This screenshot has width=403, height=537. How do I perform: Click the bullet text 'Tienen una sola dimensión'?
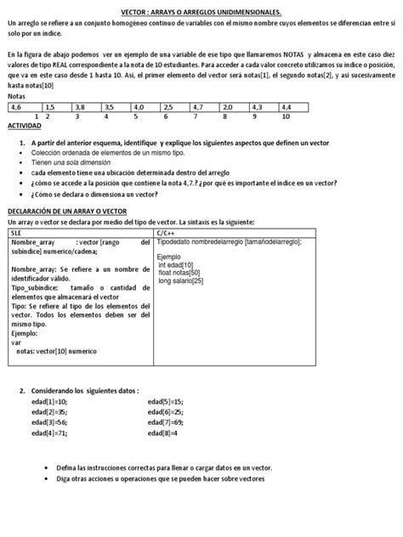(x=72, y=161)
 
